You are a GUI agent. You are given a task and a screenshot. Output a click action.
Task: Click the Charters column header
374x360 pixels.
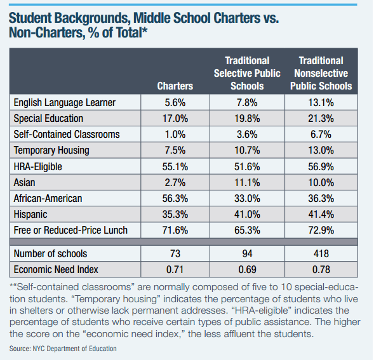(x=175, y=86)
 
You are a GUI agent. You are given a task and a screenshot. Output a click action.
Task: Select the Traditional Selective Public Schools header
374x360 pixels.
(x=247, y=73)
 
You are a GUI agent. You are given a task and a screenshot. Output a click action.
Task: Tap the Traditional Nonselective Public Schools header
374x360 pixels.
(x=321, y=73)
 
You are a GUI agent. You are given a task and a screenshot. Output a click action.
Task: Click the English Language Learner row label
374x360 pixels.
(x=65, y=103)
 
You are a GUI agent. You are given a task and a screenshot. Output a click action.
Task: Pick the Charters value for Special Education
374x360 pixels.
(x=175, y=119)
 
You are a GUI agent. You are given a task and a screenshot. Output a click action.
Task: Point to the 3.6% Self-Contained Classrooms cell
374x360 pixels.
(x=247, y=135)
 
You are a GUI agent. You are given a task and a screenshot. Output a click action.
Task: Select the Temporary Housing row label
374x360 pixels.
(x=51, y=150)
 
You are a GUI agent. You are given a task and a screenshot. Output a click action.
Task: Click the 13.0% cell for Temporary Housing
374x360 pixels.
(x=321, y=150)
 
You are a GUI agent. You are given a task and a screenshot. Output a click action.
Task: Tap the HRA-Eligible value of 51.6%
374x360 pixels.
(x=247, y=166)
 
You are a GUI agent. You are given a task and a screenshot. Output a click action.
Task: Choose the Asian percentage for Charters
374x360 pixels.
(x=175, y=183)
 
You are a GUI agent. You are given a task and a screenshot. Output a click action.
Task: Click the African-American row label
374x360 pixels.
(x=48, y=199)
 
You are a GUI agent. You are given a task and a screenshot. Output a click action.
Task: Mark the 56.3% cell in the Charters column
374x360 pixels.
(x=175, y=199)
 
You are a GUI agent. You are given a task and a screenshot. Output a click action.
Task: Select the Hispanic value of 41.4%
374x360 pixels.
(x=321, y=215)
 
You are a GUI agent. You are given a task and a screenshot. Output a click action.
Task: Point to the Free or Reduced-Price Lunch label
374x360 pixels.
(x=70, y=230)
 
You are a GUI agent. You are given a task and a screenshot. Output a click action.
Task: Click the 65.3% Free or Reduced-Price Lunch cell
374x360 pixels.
(x=247, y=230)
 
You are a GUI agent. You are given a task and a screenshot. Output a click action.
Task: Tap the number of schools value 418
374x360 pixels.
(x=321, y=253)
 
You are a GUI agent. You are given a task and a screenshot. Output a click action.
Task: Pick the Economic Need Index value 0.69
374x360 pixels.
(x=247, y=270)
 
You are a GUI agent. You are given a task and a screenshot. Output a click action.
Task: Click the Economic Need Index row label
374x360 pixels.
(x=56, y=270)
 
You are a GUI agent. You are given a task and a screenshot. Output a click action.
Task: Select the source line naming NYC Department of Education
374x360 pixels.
(x=63, y=349)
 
